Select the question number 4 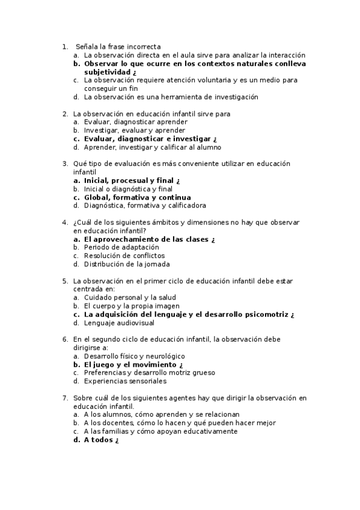click(65, 222)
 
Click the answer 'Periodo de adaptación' click(121, 247)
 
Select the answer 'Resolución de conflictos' click(124, 256)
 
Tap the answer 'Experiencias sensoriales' click(125, 381)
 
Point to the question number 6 click(65, 339)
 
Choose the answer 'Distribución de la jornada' click(127, 264)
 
